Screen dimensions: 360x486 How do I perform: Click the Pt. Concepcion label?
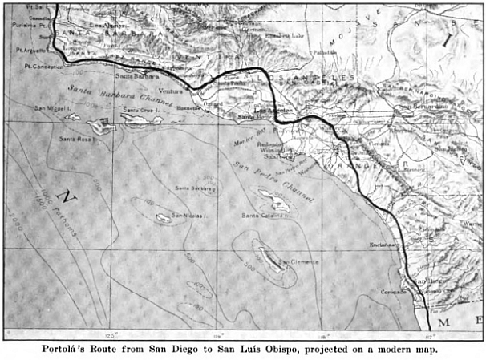tap(43, 67)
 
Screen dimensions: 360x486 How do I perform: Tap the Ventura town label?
tap(172, 91)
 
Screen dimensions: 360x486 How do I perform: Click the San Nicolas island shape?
tap(163, 217)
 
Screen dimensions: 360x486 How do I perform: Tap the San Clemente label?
tap(298, 262)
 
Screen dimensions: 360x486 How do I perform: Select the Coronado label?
tap(391, 291)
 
